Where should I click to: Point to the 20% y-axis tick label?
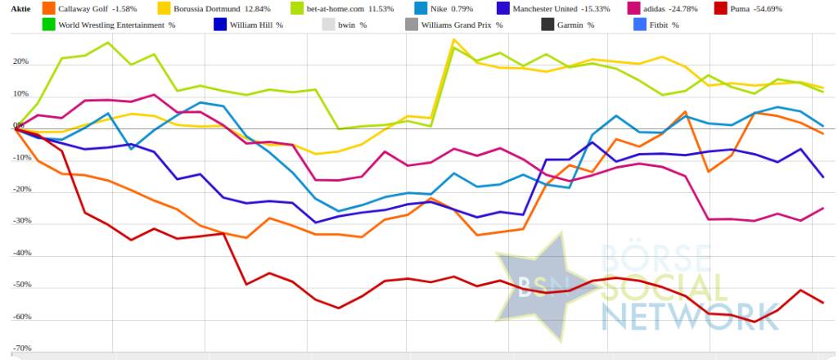coord(20,62)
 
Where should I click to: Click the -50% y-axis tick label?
coord(22,286)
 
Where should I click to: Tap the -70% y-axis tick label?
coord(22,349)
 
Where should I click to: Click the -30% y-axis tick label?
coord(22,222)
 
